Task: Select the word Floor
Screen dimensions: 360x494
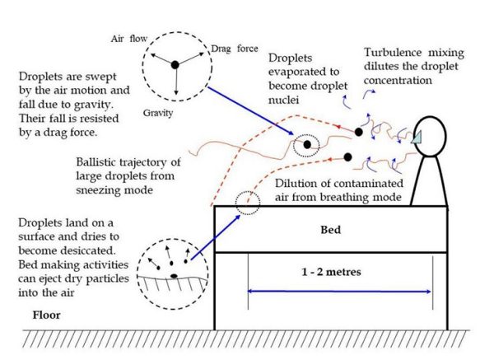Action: pos(46,315)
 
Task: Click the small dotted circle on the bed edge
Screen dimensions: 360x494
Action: pos(245,201)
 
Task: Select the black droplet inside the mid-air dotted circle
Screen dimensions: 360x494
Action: pos(307,145)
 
